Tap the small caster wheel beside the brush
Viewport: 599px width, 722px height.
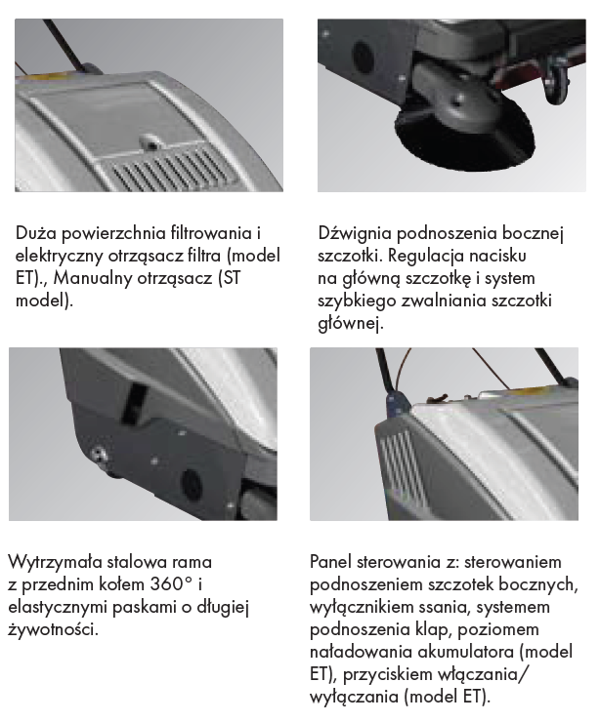coord(558,84)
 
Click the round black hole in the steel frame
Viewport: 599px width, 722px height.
coord(192,486)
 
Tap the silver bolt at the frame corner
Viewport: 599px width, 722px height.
coord(99,455)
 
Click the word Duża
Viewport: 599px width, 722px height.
coord(36,233)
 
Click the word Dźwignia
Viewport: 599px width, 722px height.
coord(355,233)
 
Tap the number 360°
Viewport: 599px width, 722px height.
coord(171,584)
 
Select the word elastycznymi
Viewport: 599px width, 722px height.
coord(58,607)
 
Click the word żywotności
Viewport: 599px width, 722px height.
coord(54,629)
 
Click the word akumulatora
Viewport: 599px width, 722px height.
coord(466,652)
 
